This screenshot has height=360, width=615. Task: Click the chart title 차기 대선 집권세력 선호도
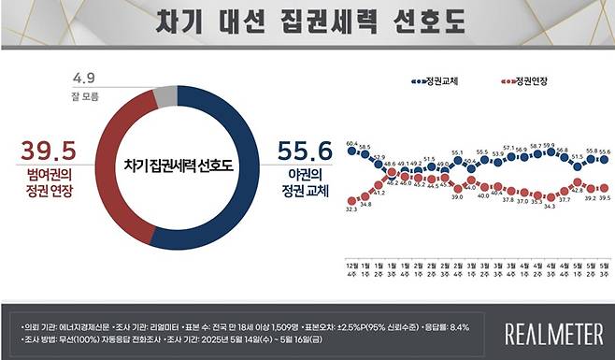[308, 22]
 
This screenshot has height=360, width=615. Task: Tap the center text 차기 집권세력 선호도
[177, 166]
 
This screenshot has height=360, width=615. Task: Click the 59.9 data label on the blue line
[549, 146]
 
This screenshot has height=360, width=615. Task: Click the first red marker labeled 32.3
[351, 200]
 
